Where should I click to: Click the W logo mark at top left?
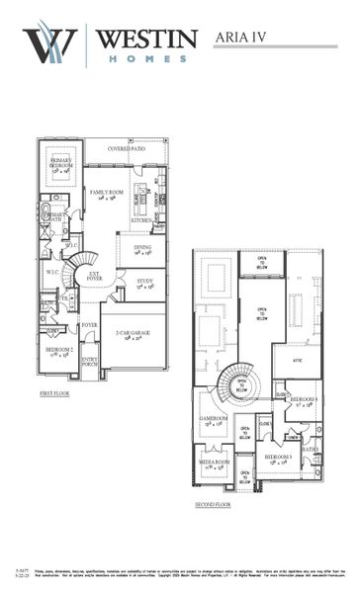click(48, 45)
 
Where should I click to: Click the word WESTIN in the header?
click(147, 38)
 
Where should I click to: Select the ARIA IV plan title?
click(245, 38)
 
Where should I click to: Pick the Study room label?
click(144, 283)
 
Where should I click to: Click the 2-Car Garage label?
click(134, 334)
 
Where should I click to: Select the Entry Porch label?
click(90, 363)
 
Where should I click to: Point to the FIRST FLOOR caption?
click(59, 393)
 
